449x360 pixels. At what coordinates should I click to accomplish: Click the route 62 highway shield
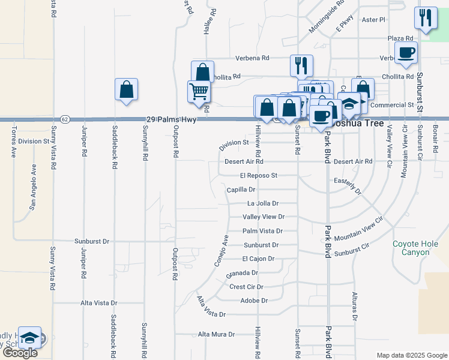(65, 119)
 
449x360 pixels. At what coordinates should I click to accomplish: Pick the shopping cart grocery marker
(199, 92)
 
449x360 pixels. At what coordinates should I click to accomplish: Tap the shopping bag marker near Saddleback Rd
(127, 90)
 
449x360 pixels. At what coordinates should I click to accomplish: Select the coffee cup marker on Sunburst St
(406, 52)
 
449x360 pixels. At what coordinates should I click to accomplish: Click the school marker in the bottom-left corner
(29, 338)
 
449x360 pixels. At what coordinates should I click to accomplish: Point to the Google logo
(20, 353)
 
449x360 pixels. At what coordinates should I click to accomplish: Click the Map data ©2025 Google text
(412, 355)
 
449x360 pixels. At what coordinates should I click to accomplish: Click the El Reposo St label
(258, 176)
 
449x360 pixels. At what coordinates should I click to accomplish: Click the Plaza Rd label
(400, 38)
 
